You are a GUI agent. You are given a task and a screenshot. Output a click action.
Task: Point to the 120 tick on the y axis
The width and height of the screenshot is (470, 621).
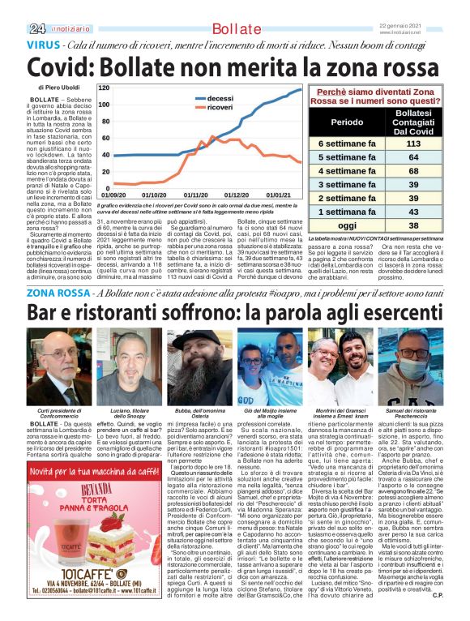[x=105, y=87]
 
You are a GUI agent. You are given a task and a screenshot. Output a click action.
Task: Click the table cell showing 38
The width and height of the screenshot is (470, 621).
[x=413, y=225]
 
